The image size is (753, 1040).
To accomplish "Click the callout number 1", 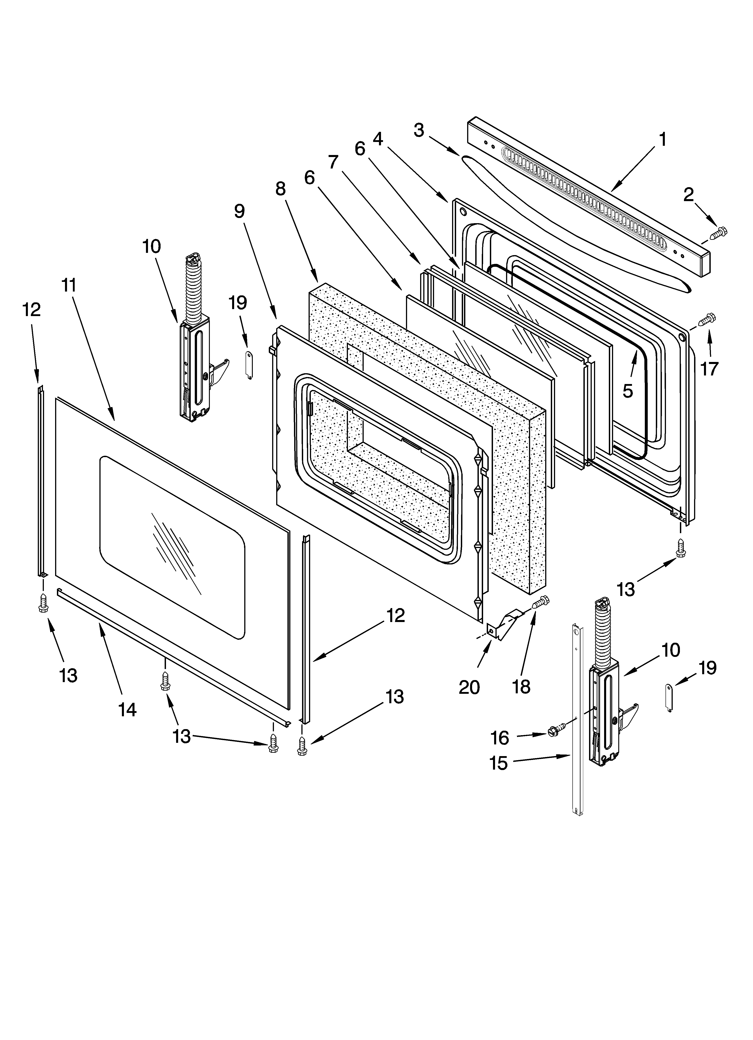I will click(x=663, y=139).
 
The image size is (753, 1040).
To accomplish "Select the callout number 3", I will click(x=419, y=130).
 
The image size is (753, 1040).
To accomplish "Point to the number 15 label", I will click(x=498, y=764).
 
